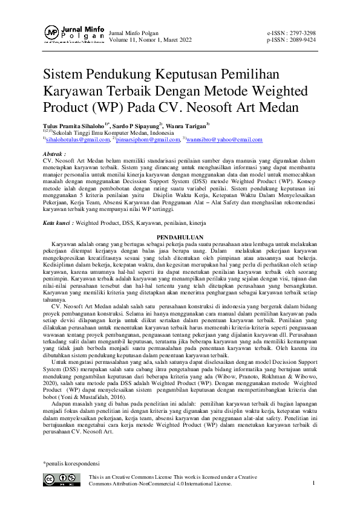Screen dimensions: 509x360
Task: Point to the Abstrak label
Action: [x=53, y=155]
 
